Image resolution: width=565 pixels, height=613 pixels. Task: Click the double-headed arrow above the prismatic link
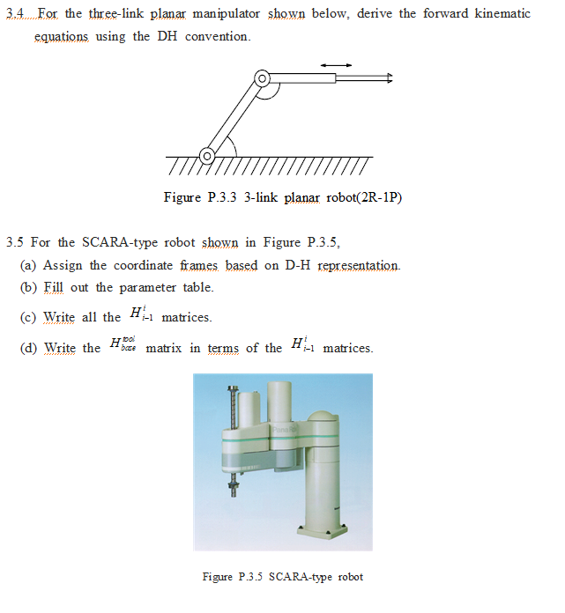click(x=336, y=63)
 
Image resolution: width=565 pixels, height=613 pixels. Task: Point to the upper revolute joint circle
click(x=261, y=79)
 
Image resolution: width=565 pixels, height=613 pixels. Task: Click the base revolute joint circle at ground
click(x=207, y=156)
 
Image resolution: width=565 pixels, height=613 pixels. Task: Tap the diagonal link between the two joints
click(x=234, y=117)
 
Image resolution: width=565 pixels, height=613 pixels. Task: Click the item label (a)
click(x=29, y=265)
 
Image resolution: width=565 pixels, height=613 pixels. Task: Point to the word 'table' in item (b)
click(x=197, y=287)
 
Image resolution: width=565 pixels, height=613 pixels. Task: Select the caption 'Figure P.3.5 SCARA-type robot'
click(x=282, y=577)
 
